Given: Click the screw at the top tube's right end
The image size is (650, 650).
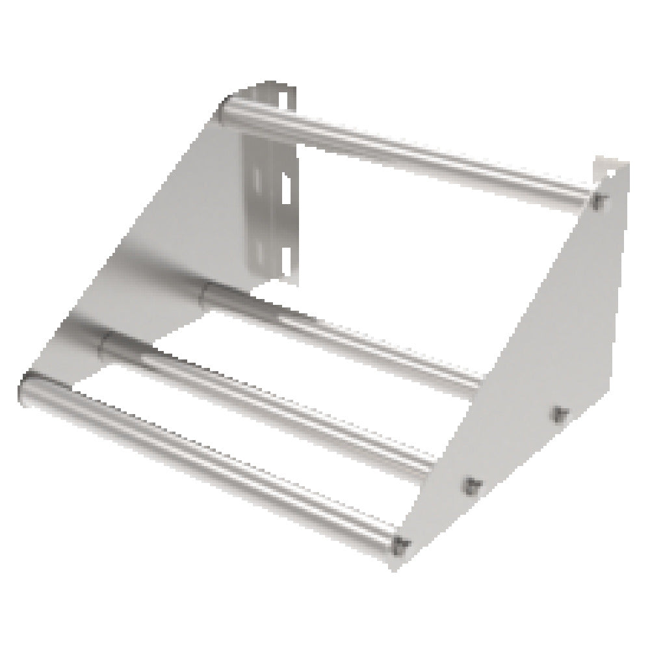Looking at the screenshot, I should point(598,199).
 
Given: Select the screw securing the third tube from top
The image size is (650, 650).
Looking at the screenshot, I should point(473,483).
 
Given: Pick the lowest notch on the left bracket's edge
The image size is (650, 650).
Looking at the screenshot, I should point(284,250).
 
